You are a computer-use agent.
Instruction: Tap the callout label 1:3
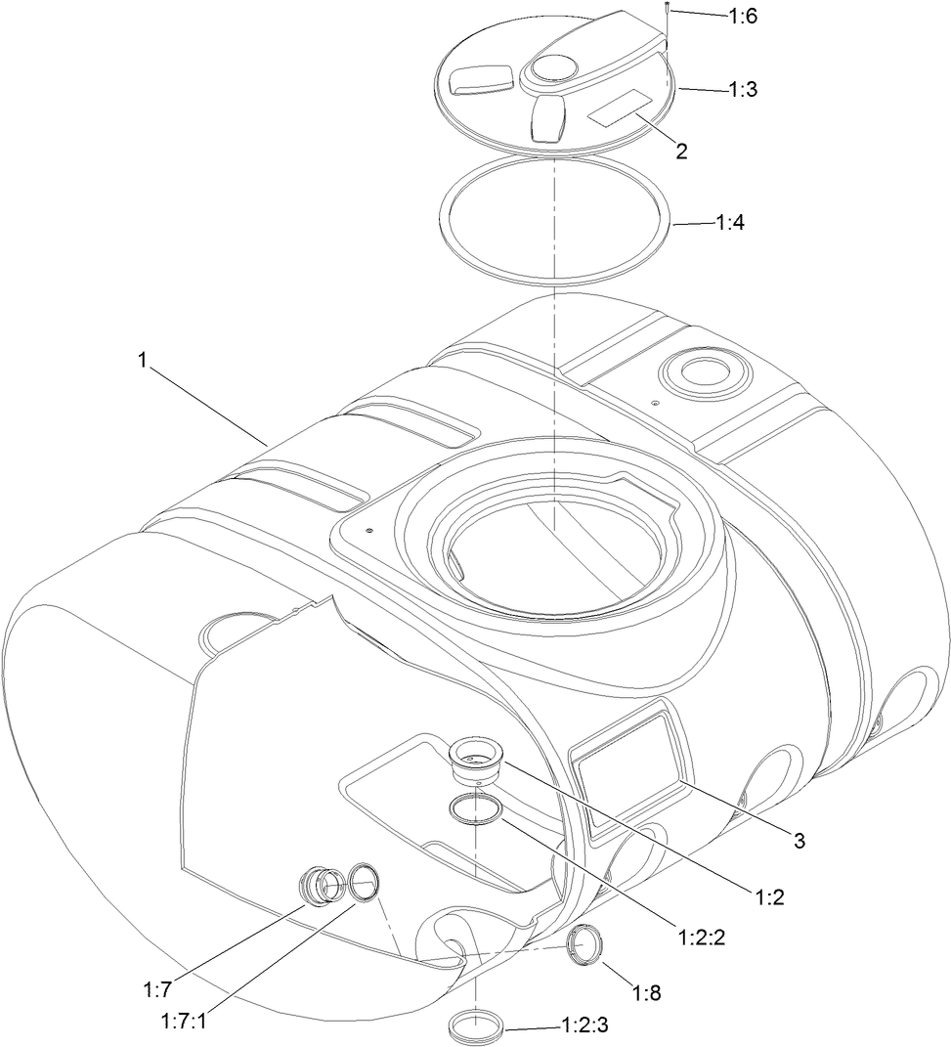click(742, 88)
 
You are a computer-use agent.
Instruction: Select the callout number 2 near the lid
click(681, 151)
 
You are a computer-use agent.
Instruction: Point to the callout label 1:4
click(731, 223)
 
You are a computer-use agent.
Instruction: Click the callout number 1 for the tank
click(143, 360)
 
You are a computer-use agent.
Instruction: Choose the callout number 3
click(800, 841)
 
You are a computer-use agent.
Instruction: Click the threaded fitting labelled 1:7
click(319, 886)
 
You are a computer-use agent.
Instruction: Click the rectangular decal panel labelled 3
click(625, 760)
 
